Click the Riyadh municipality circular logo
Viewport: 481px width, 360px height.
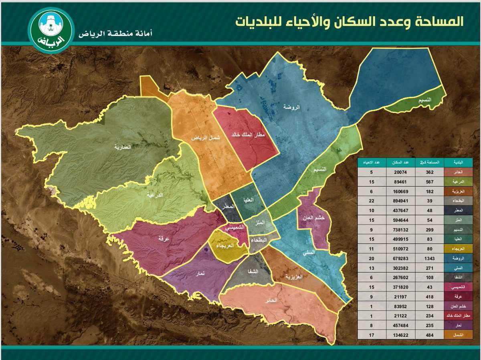point(51,30)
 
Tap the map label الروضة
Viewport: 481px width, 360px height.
point(291,107)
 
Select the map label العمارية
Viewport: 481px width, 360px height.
point(122,147)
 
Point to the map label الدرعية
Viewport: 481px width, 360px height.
point(155,195)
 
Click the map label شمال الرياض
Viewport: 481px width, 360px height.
point(205,138)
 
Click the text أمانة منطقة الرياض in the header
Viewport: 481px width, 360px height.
point(115,34)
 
